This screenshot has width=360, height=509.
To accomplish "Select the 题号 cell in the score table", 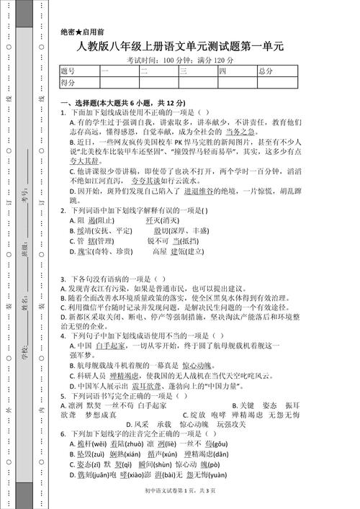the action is [68, 71].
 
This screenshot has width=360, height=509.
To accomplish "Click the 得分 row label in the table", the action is [68, 83].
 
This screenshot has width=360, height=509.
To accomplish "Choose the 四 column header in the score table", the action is [223, 71].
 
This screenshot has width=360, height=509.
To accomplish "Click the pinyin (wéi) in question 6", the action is [98, 444].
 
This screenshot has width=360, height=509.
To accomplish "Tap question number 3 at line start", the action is [63, 279].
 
